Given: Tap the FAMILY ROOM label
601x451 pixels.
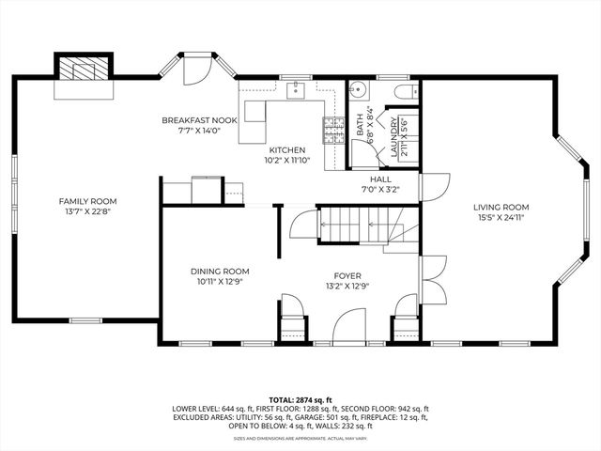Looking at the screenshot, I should [88, 201].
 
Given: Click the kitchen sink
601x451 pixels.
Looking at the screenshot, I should [294, 90].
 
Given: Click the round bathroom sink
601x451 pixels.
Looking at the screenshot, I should [358, 91].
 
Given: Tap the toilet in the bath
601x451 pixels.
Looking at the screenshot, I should [405, 91].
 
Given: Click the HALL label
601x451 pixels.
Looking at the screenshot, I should [379, 179].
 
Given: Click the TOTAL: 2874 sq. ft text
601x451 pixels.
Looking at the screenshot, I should [300, 399].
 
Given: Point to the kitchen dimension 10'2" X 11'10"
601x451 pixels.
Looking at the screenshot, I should [287, 160].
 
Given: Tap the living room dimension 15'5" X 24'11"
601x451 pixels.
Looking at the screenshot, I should [501, 217].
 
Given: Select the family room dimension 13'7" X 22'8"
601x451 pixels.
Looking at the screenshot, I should [88, 211].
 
